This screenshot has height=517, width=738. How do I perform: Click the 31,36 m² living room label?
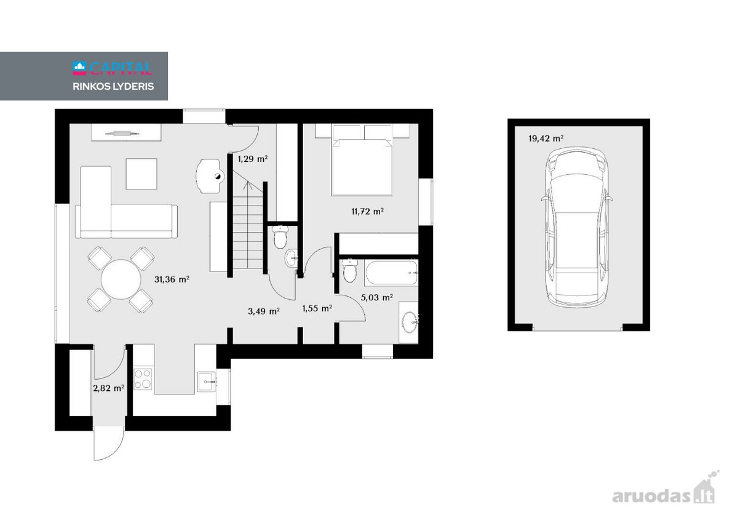click(172, 279)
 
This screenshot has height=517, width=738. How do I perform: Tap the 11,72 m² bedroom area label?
click(367, 211)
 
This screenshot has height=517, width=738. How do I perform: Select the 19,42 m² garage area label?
click(546, 138)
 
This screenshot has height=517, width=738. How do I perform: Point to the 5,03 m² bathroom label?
click(376, 298)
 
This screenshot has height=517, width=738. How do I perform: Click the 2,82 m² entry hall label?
click(108, 388)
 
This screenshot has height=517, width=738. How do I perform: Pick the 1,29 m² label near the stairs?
click(253, 159)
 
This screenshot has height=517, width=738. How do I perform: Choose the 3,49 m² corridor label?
click(264, 311)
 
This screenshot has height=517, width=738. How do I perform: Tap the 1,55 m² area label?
click(317, 308)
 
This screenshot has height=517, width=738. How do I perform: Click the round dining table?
click(121, 279)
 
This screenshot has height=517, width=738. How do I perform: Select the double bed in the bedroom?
click(362, 161)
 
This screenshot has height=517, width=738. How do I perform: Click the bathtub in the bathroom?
click(391, 273)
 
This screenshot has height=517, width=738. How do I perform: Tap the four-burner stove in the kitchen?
click(143, 379)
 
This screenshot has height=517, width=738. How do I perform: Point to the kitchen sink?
click(207, 382)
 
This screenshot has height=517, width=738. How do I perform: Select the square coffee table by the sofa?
click(141, 174)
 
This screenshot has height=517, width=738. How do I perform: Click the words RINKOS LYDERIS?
click(113, 86)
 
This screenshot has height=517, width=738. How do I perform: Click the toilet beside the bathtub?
click(349, 270)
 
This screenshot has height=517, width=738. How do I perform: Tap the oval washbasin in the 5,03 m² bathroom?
click(410, 322)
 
